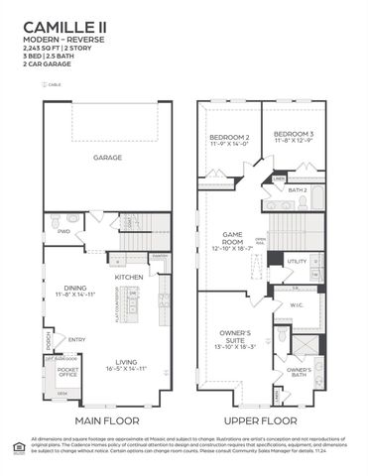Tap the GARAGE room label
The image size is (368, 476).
[x=107, y=158]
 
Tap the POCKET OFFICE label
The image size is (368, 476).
[x=67, y=373]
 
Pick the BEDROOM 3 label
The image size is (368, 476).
[x=295, y=134]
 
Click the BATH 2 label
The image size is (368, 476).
[x=299, y=189]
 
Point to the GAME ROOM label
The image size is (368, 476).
[x=232, y=237]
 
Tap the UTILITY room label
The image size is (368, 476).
[x=297, y=261]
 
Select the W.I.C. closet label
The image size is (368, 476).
[x=296, y=305]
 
